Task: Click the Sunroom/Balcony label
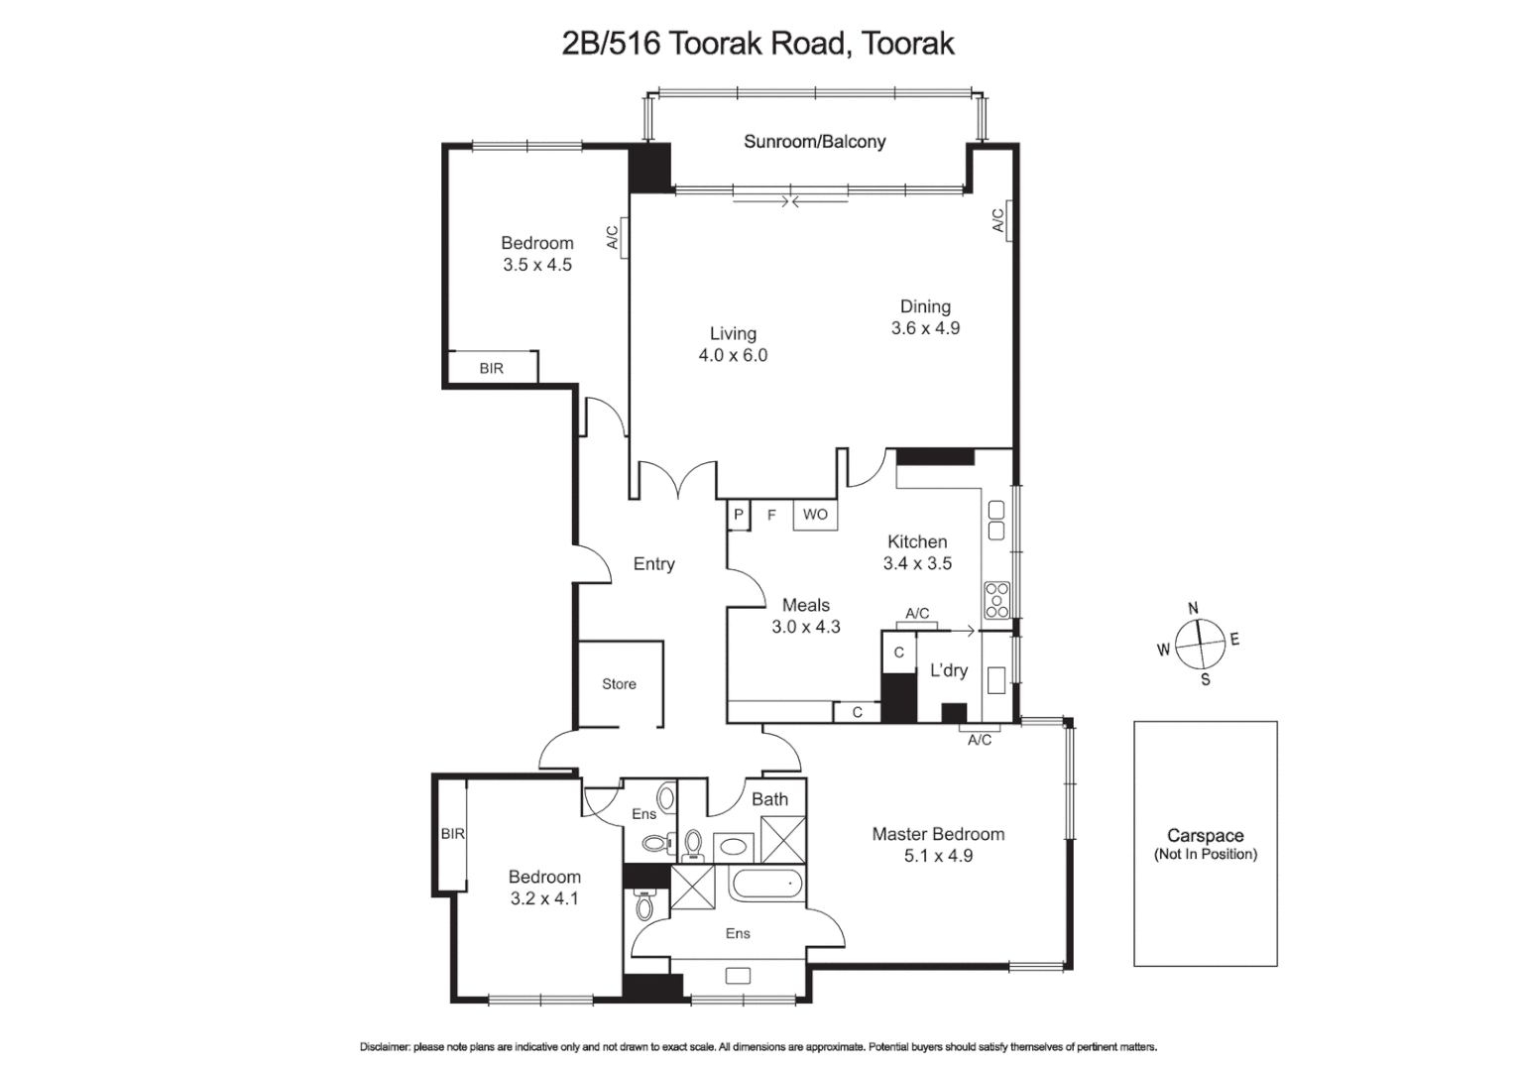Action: click(x=814, y=142)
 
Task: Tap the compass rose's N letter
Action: click(x=1193, y=608)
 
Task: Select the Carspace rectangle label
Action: click(x=1205, y=836)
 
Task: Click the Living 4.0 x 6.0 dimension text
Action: click(x=733, y=355)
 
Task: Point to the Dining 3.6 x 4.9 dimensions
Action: click(x=925, y=328)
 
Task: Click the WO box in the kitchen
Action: click(x=815, y=515)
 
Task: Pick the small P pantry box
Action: click(x=738, y=515)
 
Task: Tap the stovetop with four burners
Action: click(x=996, y=600)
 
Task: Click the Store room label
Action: click(x=619, y=684)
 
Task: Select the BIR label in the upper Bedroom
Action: click(x=491, y=368)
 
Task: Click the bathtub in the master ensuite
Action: click(x=765, y=883)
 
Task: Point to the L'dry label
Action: click(x=948, y=670)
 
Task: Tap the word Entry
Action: click(x=653, y=563)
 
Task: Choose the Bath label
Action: click(x=769, y=799)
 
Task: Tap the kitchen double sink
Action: click(x=996, y=521)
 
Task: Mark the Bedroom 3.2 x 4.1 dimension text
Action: click(x=543, y=898)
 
